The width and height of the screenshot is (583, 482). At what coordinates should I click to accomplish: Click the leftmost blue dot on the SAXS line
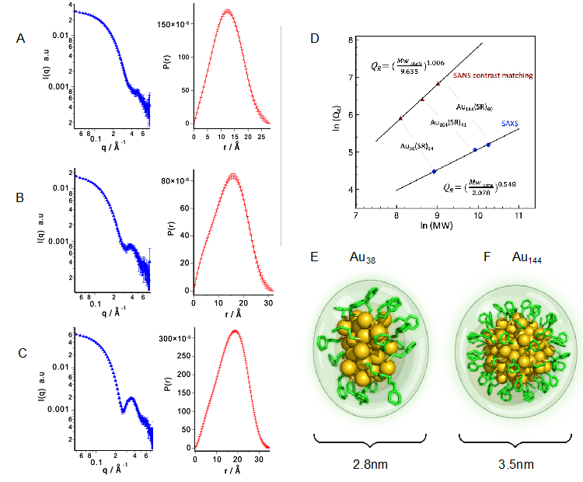(434, 171)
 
